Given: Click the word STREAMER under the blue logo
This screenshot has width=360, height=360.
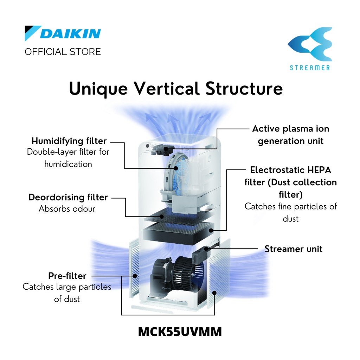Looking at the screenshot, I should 310,67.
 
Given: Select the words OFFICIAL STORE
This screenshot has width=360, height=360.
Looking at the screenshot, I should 63,52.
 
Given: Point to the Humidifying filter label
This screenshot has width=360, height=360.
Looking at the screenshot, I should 69,141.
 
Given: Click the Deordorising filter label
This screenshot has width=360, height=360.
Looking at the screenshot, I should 68,197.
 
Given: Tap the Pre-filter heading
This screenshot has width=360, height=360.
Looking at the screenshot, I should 67,276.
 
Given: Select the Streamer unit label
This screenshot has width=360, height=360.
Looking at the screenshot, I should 293,249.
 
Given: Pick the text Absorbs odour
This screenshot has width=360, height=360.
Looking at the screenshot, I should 67,208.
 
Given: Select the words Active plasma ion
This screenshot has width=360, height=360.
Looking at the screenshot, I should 290,129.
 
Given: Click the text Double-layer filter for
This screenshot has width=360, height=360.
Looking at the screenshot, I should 68,152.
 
